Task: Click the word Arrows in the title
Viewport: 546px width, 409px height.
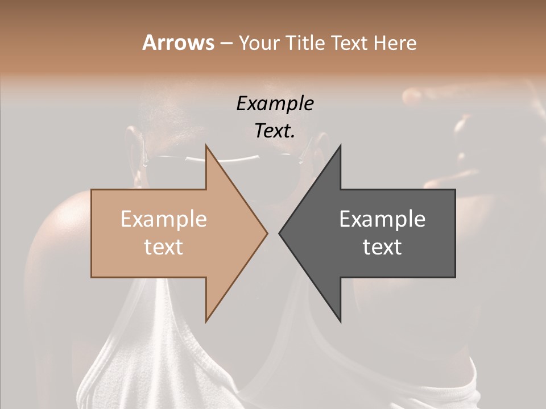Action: pyautogui.click(x=178, y=43)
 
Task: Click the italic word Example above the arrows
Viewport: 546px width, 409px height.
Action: pyautogui.click(x=275, y=104)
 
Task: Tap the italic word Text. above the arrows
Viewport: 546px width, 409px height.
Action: pyautogui.click(x=275, y=131)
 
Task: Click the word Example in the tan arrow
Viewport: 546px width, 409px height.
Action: pyautogui.click(x=164, y=219)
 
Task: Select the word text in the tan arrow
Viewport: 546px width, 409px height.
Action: pyautogui.click(x=164, y=247)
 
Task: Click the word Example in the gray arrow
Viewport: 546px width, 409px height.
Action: pyautogui.click(x=382, y=219)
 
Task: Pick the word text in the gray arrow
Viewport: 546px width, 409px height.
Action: pyautogui.click(x=382, y=247)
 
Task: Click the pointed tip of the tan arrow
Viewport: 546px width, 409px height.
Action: pyautogui.click(x=267, y=233)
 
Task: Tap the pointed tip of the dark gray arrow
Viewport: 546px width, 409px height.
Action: pyautogui.click(x=279, y=233)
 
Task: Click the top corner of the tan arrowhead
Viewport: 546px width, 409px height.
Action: pyautogui.click(x=206, y=145)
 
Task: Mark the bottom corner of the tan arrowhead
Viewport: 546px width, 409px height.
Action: pyautogui.click(x=206, y=322)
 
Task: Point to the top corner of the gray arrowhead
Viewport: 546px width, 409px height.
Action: pyautogui.click(x=341, y=145)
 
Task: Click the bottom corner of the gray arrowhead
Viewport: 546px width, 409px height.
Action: pyautogui.click(x=341, y=322)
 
